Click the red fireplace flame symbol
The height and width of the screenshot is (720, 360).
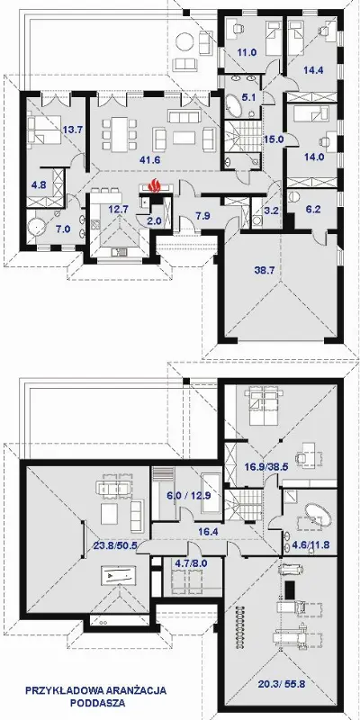pyautogui.click(x=155, y=186)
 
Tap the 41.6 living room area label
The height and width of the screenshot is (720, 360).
pyautogui.click(x=150, y=160)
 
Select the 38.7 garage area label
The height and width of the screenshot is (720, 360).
pyautogui.click(x=265, y=270)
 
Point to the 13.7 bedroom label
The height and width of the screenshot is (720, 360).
pyautogui.click(x=72, y=130)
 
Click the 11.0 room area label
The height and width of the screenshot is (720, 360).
pyautogui.click(x=247, y=52)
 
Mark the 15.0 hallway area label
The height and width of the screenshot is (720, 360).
pyautogui.click(x=274, y=138)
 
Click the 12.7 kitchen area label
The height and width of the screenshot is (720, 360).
pyautogui.click(x=117, y=210)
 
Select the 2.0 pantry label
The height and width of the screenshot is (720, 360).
pyautogui.click(x=154, y=220)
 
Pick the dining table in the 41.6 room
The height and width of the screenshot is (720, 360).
pyautogui.click(x=120, y=133)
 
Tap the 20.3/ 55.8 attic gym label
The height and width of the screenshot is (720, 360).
pyautogui.click(x=282, y=686)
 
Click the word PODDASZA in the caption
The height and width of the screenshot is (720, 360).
pyautogui.click(x=97, y=703)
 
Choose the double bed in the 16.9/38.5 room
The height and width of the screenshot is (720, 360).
pyautogui.click(x=263, y=408)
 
